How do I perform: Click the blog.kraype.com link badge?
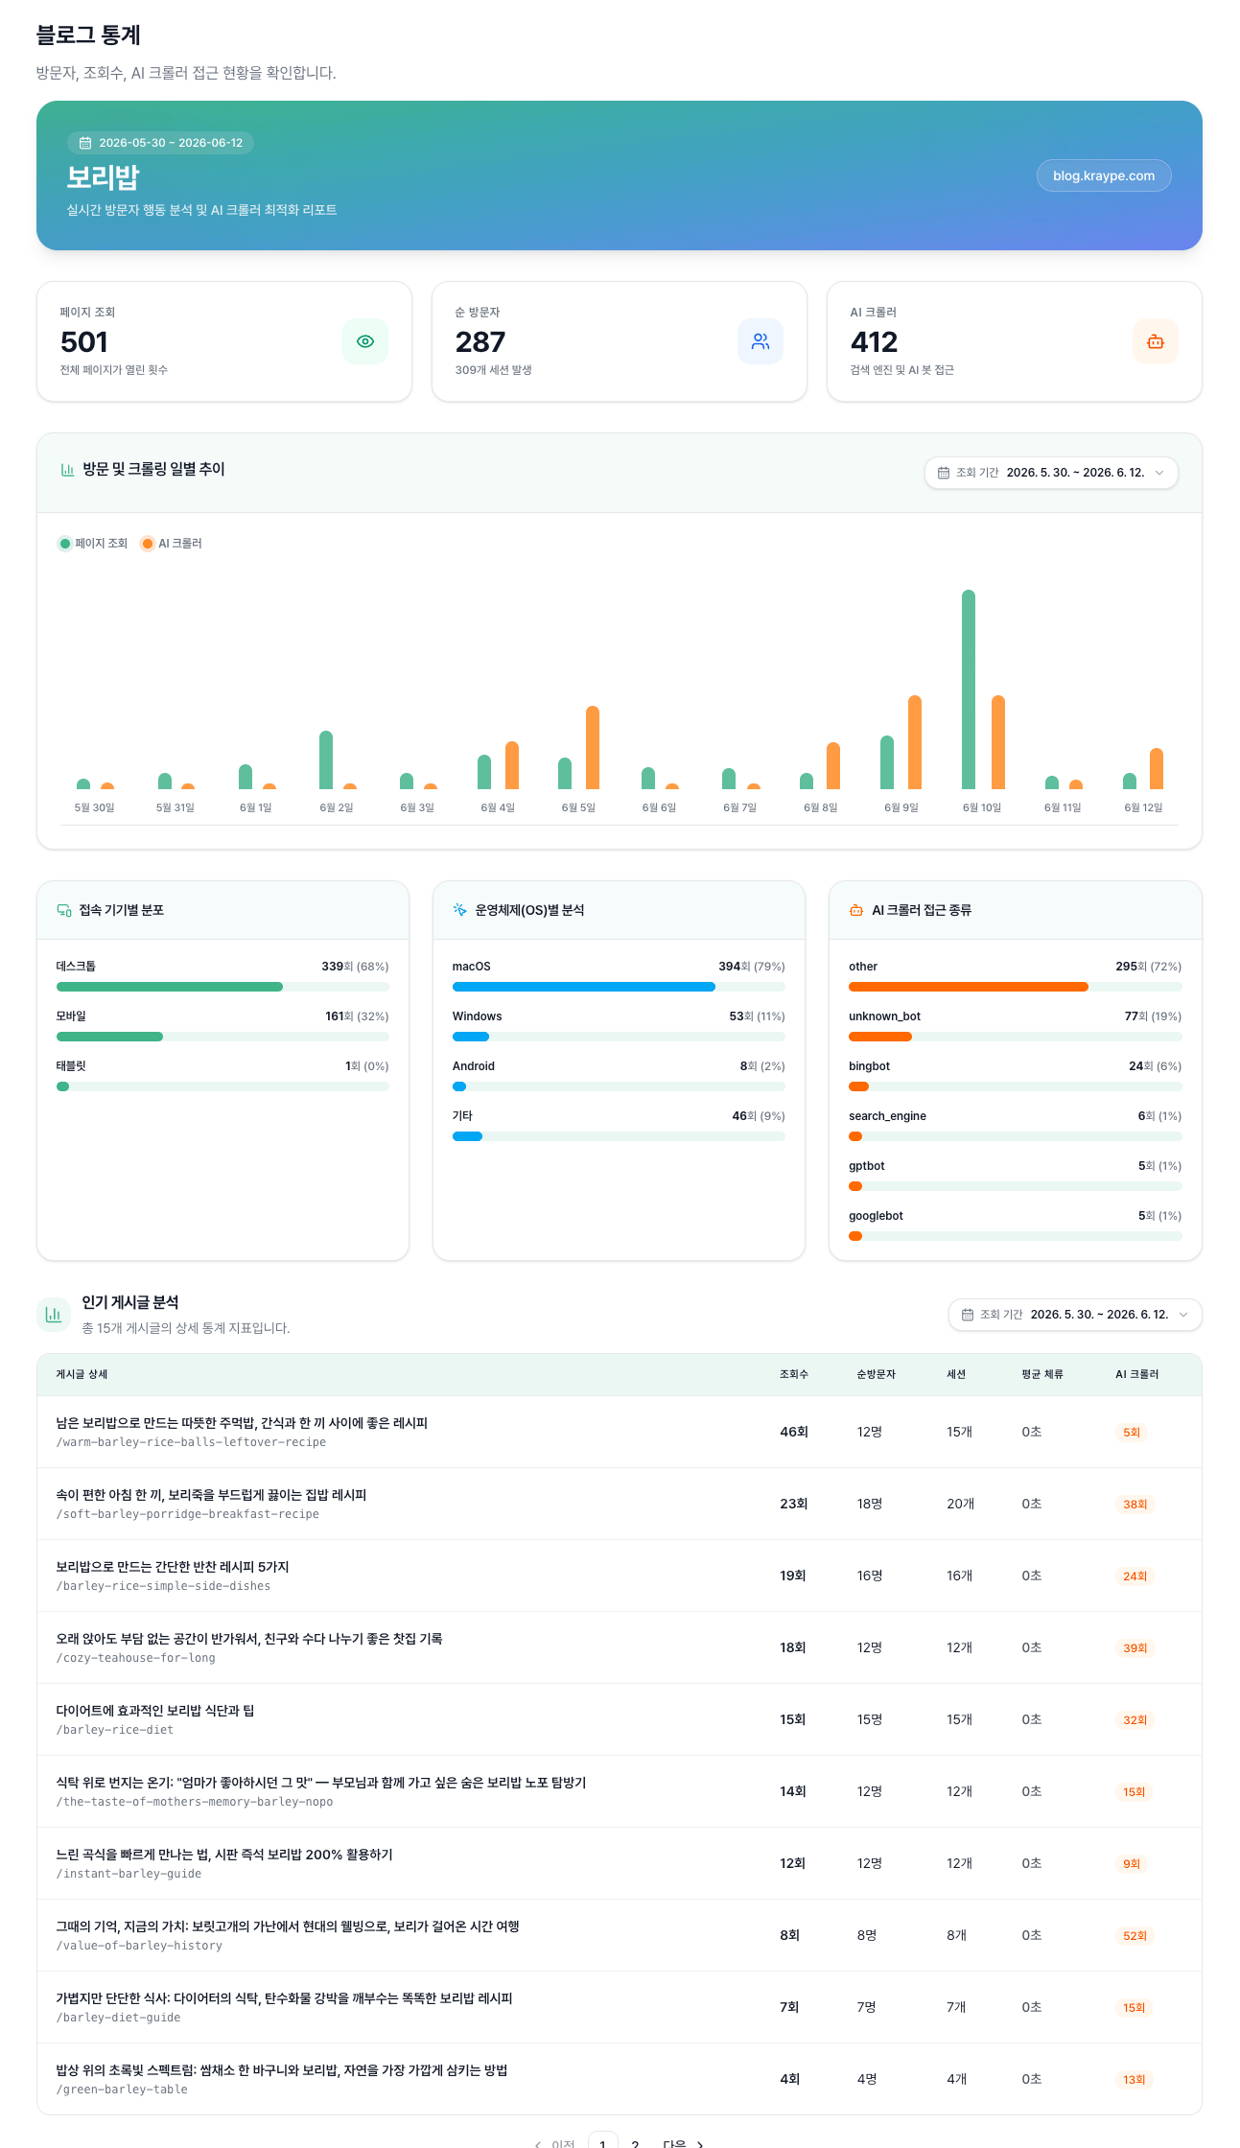[1104, 175]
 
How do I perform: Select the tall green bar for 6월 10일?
[969, 689]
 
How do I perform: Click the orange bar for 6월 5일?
[593, 747]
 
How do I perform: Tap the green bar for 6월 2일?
[326, 759]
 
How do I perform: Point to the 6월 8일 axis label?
[821, 807]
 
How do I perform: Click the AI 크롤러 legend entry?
[172, 544]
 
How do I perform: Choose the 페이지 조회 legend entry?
[93, 544]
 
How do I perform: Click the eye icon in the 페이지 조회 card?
[365, 341]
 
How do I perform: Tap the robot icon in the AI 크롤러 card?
[1156, 341]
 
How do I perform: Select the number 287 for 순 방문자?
[480, 342]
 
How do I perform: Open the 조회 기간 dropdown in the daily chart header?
[1051, 473]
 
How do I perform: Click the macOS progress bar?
[583, 987]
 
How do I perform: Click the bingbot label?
[869, 1066]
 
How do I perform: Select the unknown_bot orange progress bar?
[880, 1037]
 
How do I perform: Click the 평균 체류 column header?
[1042, 1374]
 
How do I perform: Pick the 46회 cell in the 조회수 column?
[794, 1432]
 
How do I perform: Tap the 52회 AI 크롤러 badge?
[1135, 1935]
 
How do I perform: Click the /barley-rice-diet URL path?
[115, 1730]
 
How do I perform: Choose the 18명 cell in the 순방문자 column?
[870, 1504]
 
